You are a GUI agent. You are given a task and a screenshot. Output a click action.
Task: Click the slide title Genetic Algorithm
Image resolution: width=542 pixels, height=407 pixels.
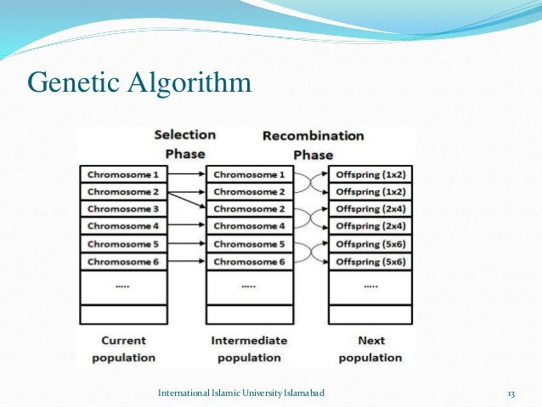pos(140,83)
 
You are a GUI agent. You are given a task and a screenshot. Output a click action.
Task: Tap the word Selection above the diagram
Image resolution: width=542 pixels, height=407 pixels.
pos(184,135)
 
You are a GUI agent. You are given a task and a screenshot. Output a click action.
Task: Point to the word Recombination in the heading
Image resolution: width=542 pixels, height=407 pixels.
pos(313,136)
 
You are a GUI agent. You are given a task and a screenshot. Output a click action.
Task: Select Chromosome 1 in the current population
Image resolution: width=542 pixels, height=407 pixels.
pos(122,174)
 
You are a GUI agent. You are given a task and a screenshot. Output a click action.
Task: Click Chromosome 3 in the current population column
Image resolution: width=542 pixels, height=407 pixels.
pos(122,209)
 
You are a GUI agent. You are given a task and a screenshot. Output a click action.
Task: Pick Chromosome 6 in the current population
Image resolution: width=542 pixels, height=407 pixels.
pos(122,262)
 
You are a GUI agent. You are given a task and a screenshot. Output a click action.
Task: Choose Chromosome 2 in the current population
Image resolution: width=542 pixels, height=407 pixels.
pos(122,191)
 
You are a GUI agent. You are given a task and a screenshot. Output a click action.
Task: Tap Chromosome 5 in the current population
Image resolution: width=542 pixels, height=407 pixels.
pos(122,244)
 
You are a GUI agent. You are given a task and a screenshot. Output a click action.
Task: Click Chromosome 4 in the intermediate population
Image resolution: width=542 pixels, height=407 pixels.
pos(248,226)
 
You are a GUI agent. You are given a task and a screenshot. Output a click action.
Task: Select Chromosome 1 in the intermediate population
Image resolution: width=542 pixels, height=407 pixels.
pos(248,174)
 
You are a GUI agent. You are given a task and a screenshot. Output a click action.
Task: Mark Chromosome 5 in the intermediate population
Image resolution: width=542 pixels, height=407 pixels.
pos(248,244)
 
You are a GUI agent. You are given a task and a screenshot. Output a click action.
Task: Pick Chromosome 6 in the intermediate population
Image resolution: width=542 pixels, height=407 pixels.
pos(248,262)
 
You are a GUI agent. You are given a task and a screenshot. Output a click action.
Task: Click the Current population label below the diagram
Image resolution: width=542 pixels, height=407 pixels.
pos(123,348)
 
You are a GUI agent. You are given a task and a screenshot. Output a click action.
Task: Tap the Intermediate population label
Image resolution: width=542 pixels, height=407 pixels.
pos(249,348)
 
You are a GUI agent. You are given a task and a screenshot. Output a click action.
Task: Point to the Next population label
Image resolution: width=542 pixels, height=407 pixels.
pos(370,348)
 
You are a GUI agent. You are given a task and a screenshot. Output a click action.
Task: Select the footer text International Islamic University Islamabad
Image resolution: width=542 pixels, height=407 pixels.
pos(241,393)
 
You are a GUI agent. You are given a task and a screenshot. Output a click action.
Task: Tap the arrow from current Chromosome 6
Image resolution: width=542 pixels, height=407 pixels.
pos(186,262)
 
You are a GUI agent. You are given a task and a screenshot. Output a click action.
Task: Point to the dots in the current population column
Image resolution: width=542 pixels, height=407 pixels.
pos(122,287)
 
